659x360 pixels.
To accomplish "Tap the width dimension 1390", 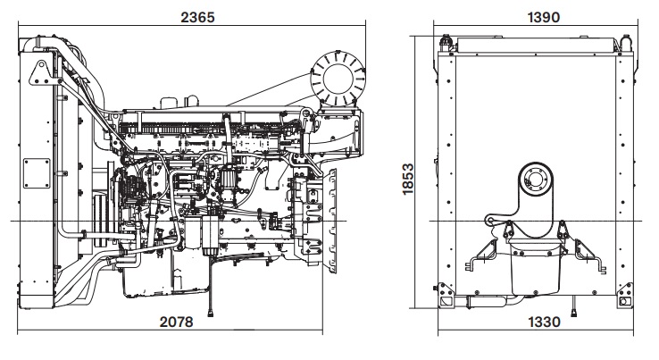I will [x=538, y=17].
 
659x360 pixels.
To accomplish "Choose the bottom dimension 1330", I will [x=538, y=322].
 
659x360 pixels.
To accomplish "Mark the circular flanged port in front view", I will [x=537, y=179].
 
